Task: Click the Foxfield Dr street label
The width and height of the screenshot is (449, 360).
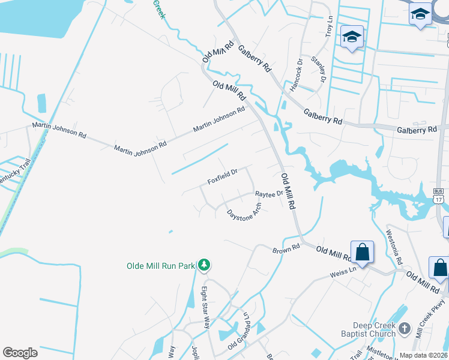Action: [x=223, y=176]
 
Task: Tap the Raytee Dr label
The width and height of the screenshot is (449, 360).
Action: [x=269, y=194]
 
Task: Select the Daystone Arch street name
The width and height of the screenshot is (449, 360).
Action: [x=244, y=211]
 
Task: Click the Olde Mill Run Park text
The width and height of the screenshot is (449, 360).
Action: [x=161, y=266]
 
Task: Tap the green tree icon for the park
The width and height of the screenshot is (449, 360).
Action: [x=204, y=265]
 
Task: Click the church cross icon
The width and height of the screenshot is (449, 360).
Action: [x=404, y=328]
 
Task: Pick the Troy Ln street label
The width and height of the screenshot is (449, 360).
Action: [x=329, y=27]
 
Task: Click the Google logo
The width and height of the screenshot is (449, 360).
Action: [x=20, y=353]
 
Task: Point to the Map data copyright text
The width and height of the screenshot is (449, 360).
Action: [x=423, y=355]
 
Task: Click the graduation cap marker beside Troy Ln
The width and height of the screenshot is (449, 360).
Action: [x=351, y=37]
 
